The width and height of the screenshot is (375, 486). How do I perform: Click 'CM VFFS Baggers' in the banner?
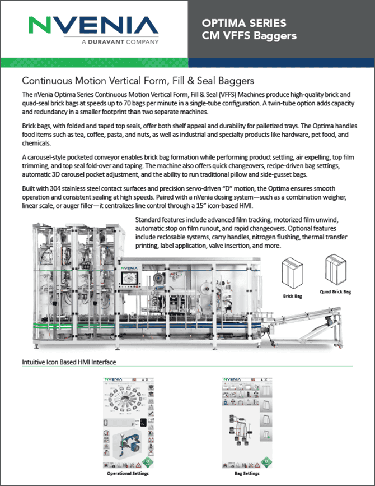tap(249, 36)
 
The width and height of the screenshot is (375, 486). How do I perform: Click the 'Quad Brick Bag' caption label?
tap(336, 292)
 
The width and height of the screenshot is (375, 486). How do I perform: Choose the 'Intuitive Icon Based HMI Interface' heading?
tap(69, 362)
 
